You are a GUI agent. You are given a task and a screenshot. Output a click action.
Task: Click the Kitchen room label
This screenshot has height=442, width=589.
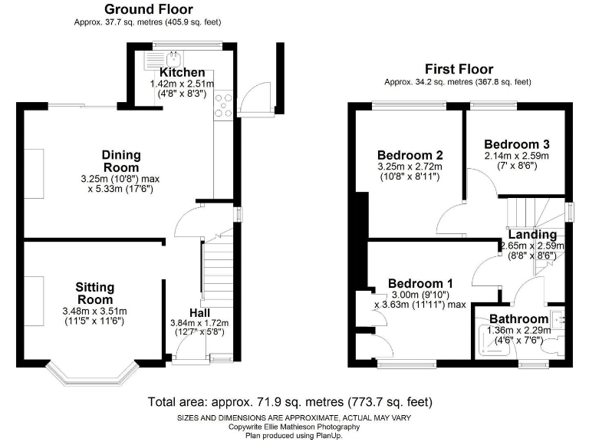[182, 72]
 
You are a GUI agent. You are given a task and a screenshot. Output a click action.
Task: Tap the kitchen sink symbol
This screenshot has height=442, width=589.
[173, 58]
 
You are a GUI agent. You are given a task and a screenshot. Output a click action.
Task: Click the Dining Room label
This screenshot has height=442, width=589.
[121, 161]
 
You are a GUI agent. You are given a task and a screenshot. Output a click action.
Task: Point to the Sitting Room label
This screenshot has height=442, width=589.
[94, 293]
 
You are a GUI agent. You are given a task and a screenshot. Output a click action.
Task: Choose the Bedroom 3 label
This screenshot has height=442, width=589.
[517, 143]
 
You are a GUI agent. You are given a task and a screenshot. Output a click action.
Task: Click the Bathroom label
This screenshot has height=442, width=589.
[518, 318]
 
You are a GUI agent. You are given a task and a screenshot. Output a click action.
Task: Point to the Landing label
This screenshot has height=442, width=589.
[532, 235]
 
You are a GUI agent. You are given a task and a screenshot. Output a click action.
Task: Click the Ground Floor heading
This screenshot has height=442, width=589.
[149, 10]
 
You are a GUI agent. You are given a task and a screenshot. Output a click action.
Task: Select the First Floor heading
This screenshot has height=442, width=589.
[459, 69]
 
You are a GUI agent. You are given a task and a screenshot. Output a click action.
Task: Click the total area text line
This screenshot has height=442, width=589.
[289, 401]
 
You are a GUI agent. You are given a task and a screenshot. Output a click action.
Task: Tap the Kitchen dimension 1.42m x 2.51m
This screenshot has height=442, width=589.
[182, 83]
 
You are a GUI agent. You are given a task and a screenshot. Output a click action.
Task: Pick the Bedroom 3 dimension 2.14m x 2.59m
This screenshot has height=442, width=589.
[517, 156]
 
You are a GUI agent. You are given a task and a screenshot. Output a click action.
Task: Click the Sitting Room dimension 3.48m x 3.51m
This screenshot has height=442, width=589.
[94, 311]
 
